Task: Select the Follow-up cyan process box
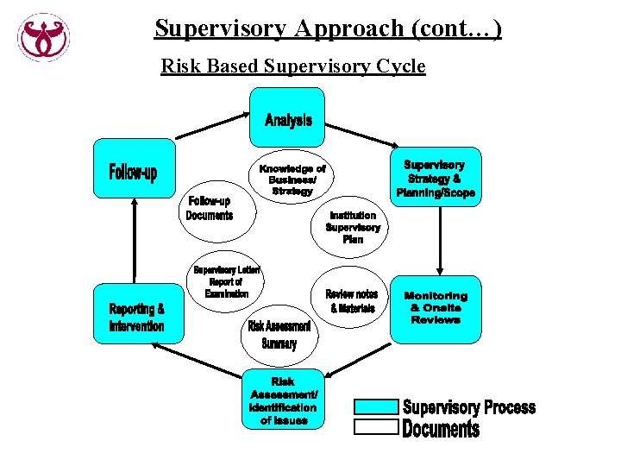click(132, 173)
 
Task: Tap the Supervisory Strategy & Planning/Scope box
click(435, 178)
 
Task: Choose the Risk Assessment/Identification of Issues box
click(283, 400)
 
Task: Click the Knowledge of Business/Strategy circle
click(292, 179)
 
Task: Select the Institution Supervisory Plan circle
click(352, 227)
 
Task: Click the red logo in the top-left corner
click(43, 37)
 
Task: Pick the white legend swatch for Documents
click(376, 426)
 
